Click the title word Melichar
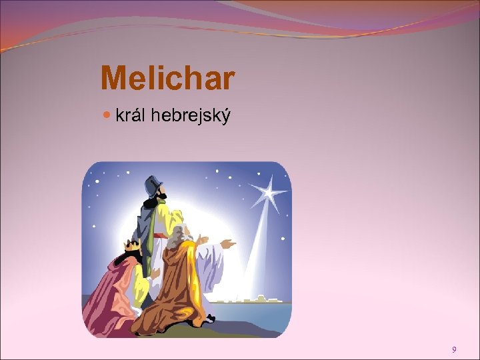point(167,79)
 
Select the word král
point(131,116)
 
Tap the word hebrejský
point(191,117)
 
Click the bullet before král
point(109,116)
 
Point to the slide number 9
point(454,349)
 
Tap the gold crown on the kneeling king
point(132,247)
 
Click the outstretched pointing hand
point(227,244)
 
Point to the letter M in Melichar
point(111,79)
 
